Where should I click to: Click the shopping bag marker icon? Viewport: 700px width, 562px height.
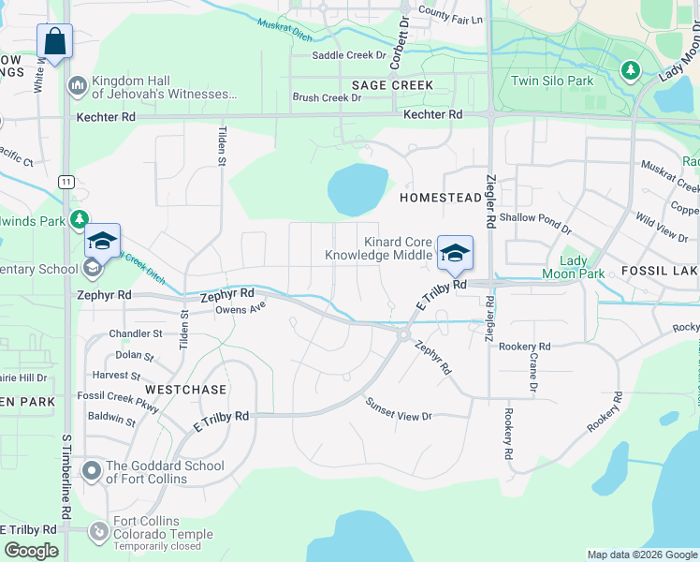point(54,42)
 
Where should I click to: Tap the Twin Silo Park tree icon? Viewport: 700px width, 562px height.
point(631,69)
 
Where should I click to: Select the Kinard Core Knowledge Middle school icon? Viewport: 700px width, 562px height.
point(455,253)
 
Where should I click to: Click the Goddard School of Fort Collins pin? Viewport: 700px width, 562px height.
point(91,471)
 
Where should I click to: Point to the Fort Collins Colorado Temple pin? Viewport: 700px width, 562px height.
point(98,532)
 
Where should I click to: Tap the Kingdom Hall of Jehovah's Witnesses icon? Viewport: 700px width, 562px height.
point(77,86)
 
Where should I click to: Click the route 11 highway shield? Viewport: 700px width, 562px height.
point(66,181)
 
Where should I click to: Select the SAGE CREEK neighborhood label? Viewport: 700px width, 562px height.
point(392,85)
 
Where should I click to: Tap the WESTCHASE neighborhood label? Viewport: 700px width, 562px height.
point(185,388)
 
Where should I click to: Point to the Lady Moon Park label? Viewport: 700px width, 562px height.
point(574,267)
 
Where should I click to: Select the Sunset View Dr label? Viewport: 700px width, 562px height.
point(399,409)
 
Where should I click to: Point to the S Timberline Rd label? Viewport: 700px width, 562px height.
point(66,478)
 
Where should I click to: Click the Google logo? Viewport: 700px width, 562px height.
point(31,551)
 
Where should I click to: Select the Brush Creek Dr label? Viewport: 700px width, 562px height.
point(327,97)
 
